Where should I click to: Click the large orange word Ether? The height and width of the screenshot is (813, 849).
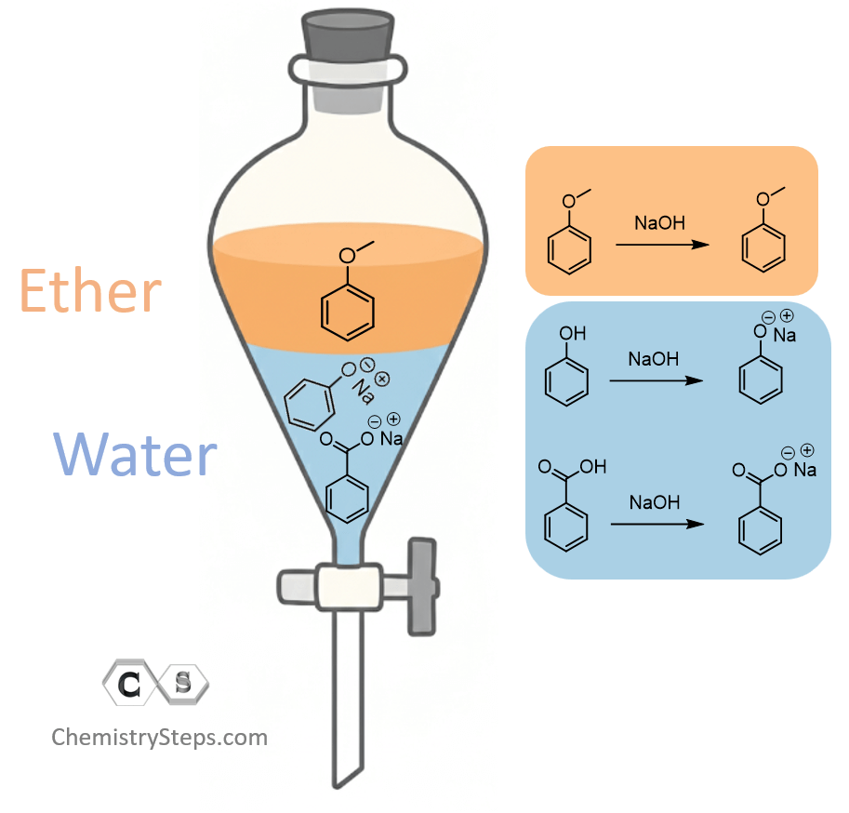tap(90, 292)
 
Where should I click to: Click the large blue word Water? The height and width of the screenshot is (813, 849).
tap(136, 456)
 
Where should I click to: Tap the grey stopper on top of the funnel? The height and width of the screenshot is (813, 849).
tap(348, 37)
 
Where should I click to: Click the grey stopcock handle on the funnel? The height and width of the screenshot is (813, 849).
tap(422, 586)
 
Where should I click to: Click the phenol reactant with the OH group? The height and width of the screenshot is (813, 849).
tap(565, 371)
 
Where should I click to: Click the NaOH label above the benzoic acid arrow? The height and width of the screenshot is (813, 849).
tap(654, 503)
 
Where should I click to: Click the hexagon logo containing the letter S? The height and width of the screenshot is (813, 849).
tap(183, 685)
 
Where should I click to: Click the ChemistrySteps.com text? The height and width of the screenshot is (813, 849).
tap(159, 738)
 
